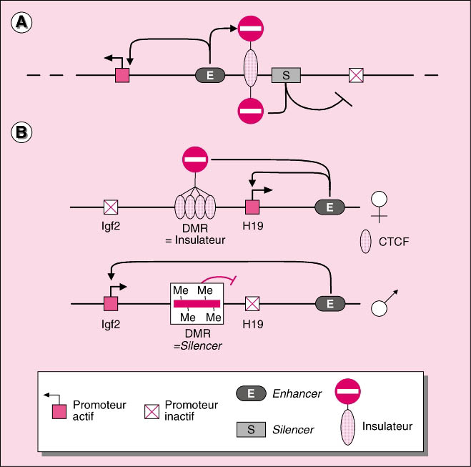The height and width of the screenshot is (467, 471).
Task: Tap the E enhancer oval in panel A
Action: tap(210, 75)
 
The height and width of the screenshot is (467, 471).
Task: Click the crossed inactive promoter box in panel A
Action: tap(356, 75)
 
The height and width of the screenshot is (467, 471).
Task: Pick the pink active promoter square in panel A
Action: tap(123, 75)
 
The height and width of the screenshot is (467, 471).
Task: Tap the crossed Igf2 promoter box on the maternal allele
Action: tap(111, 207)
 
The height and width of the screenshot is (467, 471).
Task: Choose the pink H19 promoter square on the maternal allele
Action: tap(252, 207)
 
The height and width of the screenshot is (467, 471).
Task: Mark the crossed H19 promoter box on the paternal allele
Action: tap(252, 304)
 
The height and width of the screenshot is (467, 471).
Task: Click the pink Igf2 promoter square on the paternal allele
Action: tap(111, 304)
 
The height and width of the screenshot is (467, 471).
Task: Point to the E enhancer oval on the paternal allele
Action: tap(329, 304)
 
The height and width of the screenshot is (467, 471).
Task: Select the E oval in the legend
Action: tap(252, 394)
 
